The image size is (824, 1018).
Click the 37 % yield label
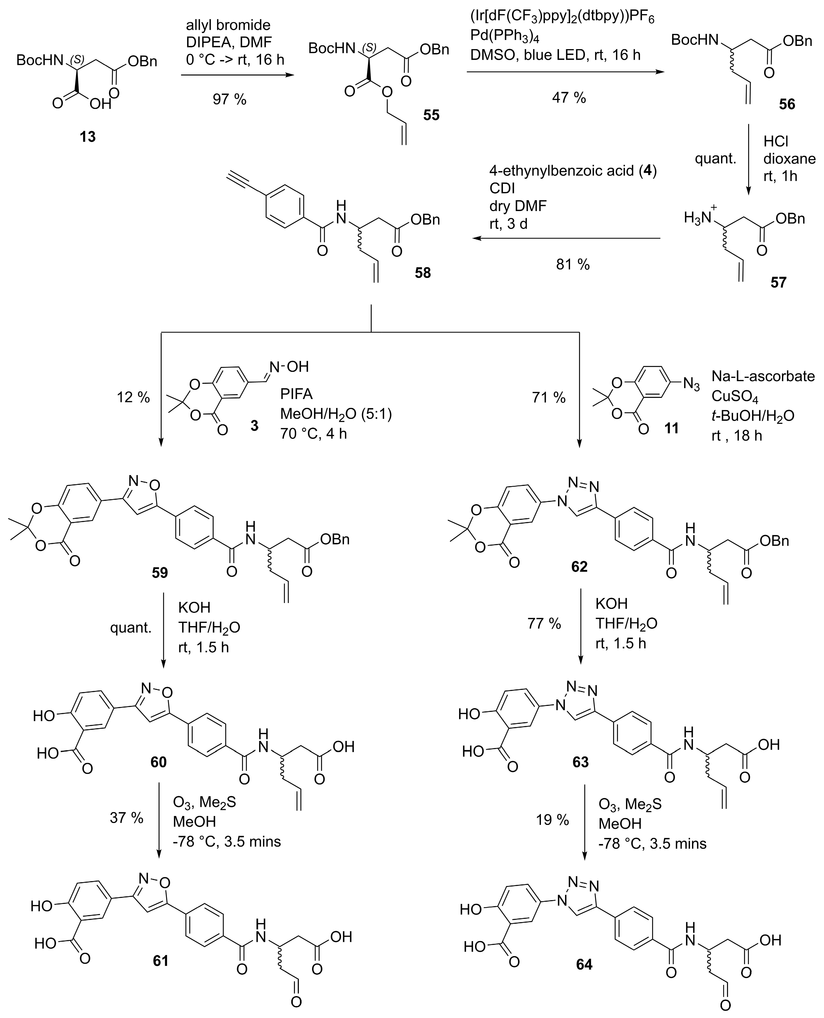coord(126,817)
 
